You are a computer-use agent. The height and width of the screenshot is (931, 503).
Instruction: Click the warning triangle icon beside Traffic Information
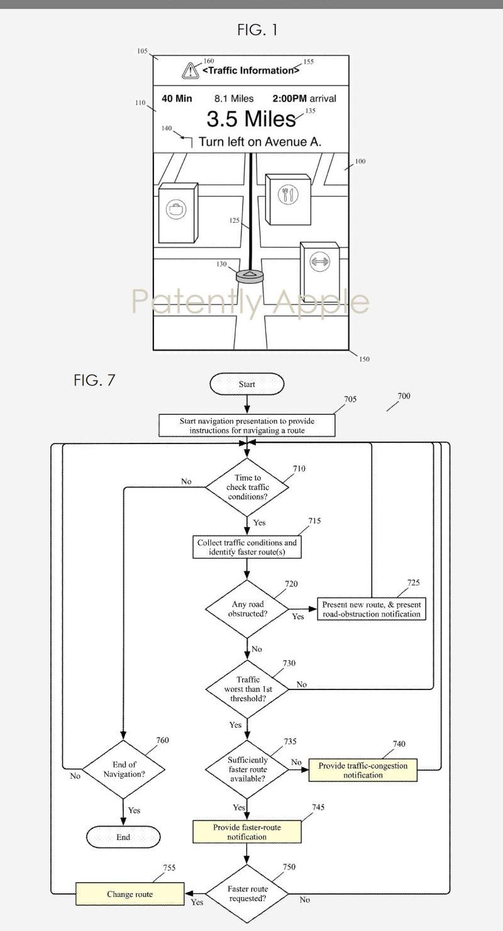[x=191, y=70]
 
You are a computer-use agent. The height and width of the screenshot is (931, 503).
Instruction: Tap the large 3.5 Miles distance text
[x=251, y=119]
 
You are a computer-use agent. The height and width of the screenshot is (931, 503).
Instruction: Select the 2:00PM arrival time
[x=304, y=99]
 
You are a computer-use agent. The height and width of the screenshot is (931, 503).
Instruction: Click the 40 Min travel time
[x=177, y=99]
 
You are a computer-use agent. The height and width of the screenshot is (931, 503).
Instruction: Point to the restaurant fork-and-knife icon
[x=288, y=194]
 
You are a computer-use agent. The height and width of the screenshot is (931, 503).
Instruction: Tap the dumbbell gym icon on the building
[x=320, y=262]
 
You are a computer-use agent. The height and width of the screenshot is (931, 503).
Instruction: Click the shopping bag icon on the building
[x=176, y=209]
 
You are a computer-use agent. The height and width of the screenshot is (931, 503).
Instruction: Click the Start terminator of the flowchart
[x=246, y=384]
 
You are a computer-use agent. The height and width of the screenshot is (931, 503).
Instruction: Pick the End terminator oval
[x=123, y=837]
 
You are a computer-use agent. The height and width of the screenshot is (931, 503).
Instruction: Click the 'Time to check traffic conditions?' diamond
[x=247, y=487]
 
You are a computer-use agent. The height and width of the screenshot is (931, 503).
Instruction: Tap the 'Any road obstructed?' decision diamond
[x=247, y=609]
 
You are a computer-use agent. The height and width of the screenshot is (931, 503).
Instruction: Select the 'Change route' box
[x=130, y=894]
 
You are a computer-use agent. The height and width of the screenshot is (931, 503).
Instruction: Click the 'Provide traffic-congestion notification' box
[x=363, y=770]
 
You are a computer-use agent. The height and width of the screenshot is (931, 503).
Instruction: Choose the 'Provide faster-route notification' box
[x=246, y=832]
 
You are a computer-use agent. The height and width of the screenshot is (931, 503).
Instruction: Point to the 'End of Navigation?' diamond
[x=123, y=769]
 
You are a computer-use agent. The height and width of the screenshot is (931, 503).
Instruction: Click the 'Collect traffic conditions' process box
[x=246, y=547]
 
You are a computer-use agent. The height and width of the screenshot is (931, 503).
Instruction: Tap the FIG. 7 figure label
[x=94, y=380]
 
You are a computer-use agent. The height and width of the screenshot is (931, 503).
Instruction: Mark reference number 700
[x=404, y=396]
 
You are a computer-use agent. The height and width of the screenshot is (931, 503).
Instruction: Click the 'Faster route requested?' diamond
[x=247, y=894]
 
